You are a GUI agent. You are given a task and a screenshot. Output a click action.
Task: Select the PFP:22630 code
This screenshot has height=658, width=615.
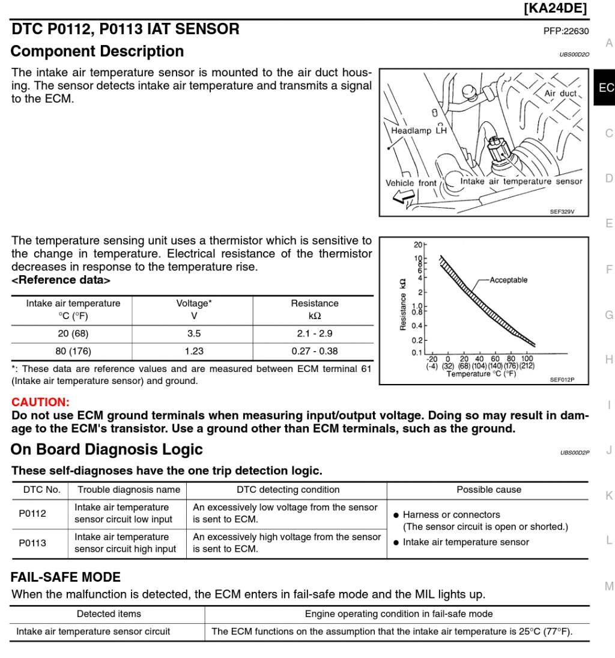pyautogui.click(x=566, y=31)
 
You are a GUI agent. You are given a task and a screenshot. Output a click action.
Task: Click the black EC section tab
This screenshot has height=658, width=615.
pyautogui.click(x=605, y=88)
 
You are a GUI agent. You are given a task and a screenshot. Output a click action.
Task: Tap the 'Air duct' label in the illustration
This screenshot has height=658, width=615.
pyautogui.click(x=560, y=94)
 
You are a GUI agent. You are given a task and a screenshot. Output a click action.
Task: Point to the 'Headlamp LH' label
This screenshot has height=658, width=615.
pyautogui.click(x=419, y=130)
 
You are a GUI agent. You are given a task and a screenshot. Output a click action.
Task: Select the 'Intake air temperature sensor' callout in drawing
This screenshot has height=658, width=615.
pyautogui.click(x=521, y=181)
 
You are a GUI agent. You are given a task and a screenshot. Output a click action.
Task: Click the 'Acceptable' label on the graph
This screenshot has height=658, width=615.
pyautogui.click(x=508, y=280)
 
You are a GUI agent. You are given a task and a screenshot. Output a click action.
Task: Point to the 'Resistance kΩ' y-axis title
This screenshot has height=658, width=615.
pyautogui.click(x=403, y=304)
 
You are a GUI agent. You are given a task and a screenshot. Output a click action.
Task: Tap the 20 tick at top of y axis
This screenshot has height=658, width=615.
pyautogui.click(x=418, y=245)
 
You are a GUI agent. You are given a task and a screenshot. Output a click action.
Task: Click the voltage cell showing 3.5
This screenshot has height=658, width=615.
pyautogui.click(x=193, y=334)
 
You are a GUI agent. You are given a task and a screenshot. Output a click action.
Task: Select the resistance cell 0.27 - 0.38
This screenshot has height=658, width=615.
pyautogui.click(x=314, y=351)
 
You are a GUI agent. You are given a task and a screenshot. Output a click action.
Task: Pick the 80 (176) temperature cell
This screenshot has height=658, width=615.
pyautogui.click(x=73, y=351)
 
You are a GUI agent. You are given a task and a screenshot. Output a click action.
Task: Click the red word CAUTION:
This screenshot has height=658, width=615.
pyautogui.click(x=40, y=402)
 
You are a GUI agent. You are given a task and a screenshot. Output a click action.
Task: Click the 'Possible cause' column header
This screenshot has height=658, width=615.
pyautogui.click(x=488, y=490)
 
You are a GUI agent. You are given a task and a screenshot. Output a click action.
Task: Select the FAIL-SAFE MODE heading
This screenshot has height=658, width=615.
pyautogui.click(x=65, y=577)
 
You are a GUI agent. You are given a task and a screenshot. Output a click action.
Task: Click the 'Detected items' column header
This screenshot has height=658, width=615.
pyautogui.click(x=109, y=614)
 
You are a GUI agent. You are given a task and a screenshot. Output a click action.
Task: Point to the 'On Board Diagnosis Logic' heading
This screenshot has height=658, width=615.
pyautogui.click(x=106, y=449)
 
